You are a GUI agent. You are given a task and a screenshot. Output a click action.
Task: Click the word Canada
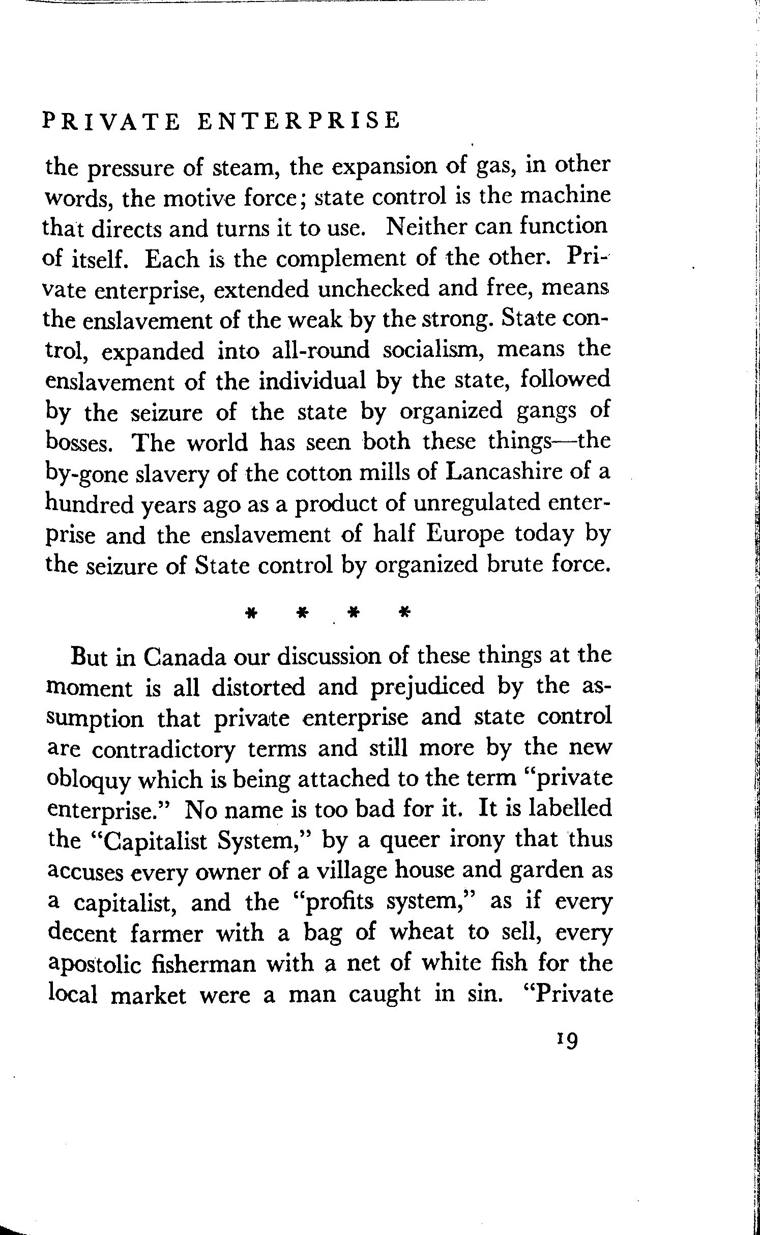(184, 656)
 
